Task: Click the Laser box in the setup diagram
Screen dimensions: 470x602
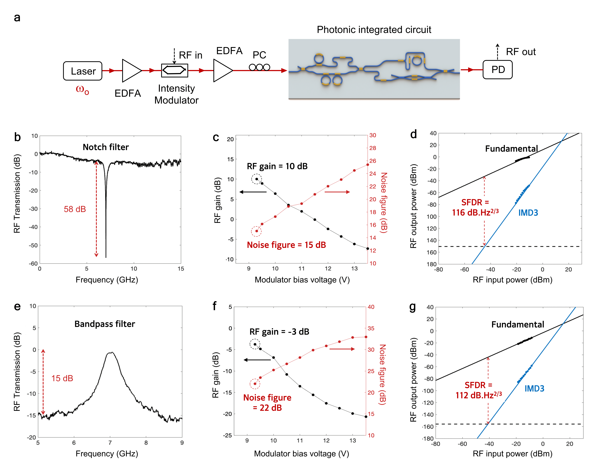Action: (x=83, y=71)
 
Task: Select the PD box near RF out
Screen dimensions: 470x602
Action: (x=498, y=70)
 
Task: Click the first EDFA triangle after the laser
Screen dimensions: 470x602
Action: (x=131, y=71)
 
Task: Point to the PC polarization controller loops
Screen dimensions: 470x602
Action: (x=259, y=67)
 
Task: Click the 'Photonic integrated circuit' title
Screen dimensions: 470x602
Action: (x=374, y=30)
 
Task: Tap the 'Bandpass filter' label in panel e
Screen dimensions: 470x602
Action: (x=105, y=324)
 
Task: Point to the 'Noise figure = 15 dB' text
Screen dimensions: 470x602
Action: (x=286, y=245)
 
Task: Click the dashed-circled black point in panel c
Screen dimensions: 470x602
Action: (x=257, y=179)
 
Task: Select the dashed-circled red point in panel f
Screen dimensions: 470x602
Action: (x=255, y=384)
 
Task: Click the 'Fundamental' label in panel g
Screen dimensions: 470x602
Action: (x=518, y=325)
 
